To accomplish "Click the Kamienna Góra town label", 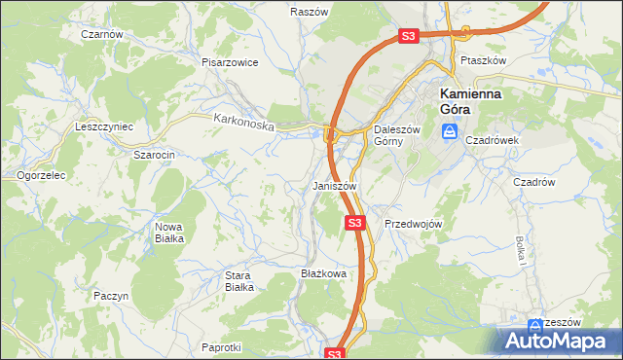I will coord(470,101).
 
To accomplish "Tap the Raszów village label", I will coord(307,12).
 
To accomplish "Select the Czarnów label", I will coord(102,33).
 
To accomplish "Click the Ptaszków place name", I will coord(484,59).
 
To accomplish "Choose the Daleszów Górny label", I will coord(397,135).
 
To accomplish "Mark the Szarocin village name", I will coord(154,155).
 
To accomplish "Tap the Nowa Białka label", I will coord(168,233).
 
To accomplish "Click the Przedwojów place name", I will coord(414,223).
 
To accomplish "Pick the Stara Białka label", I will coord(239,281).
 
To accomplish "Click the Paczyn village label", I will coord(112,294).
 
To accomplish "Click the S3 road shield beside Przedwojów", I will coord(355,223).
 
